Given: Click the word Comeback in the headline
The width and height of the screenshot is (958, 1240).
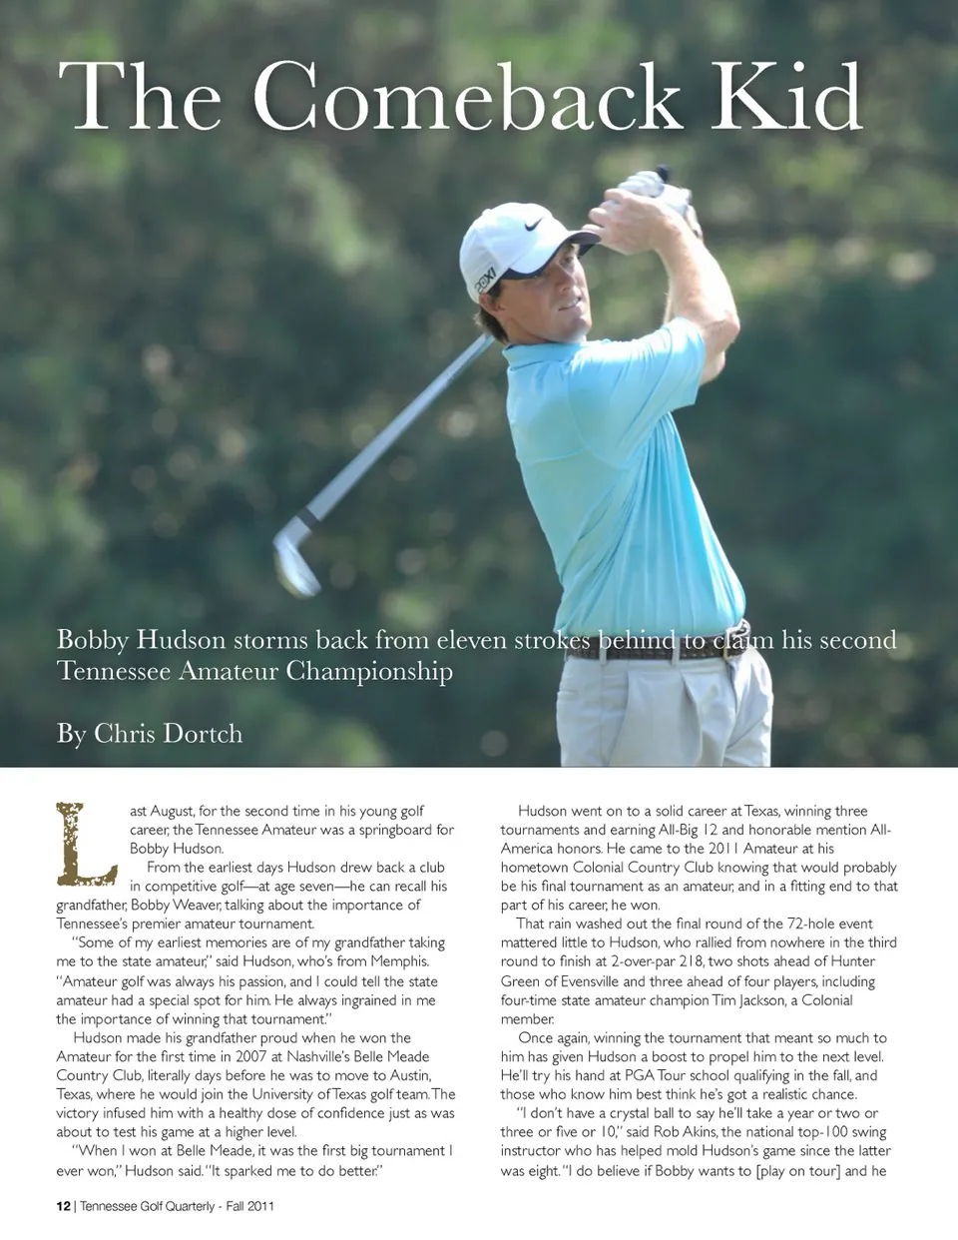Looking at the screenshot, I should point(467,97).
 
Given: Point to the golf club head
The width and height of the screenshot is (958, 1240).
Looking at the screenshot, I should point(295,555).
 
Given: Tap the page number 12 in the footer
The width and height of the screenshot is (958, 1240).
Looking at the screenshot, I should point(63,1206).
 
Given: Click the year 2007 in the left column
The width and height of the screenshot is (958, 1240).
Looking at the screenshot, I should point(250,1056).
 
